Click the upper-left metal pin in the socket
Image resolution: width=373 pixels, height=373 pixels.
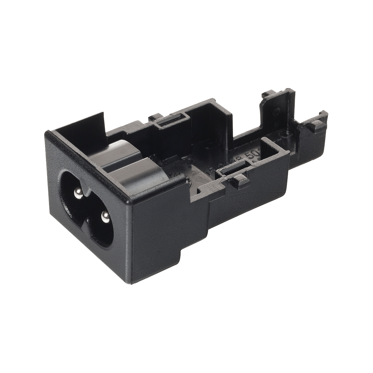pyautogui.click(x=77, y=193)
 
